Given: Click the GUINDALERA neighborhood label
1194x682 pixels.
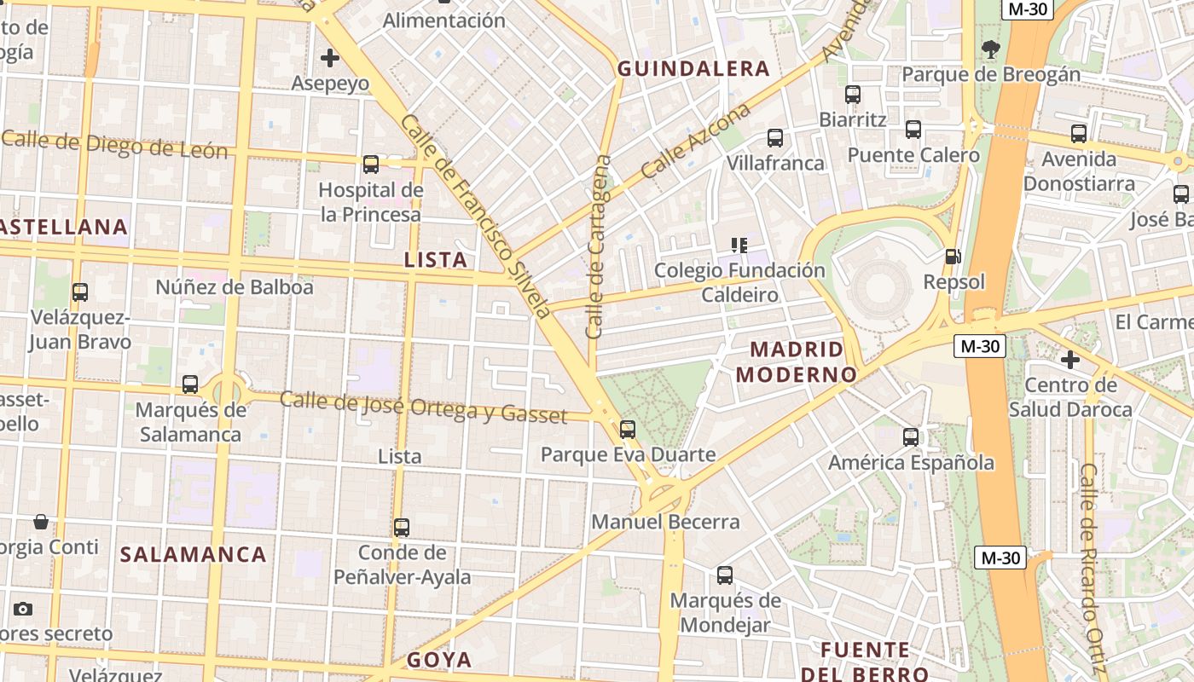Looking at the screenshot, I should pyautogui.click(x=693, y=69).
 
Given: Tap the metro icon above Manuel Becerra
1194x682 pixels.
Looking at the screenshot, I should pyautogui.click(x=628, y=429).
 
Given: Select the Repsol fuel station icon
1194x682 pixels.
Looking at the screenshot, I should pyautogui.click(x=953, y=256).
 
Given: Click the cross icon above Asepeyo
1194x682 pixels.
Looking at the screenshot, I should pyautogui.click(x=330, y=58).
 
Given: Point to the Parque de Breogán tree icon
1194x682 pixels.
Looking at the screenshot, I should pyautogui.click(x=990, y=49).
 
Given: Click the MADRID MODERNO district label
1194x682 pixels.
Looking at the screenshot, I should pyautogui.click(x=796, y=361).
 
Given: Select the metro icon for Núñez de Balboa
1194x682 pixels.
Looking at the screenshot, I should pyautogui.click(x=80, y=292).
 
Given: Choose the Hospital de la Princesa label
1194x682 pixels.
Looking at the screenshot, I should pyautogui.click(x=370, y=202).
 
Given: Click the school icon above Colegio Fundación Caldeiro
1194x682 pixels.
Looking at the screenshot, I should pyautogui.click(x=739, y=246).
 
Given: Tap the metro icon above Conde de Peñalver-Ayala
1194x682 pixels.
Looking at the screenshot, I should pyautogui.click(x=402, y=527).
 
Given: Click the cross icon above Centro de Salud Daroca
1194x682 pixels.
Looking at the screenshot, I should pyautogui.click(x=1069, y=360).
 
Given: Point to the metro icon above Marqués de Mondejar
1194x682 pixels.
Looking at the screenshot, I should pyautogui.click(x=724, y=575).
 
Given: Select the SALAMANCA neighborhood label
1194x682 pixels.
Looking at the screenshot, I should pyautogui.click(x=194, y=554).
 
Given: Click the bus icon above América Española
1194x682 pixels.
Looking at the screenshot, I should pyautogui.click(x=911, y=437).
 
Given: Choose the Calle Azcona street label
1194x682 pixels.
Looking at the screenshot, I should pyautogui.click(x=696, y=141).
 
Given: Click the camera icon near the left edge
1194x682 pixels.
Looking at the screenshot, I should pyautogui.click(x=23, y=609).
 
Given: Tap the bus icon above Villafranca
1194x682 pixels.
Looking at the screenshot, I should pyautogui.click(x=774, y=137).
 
